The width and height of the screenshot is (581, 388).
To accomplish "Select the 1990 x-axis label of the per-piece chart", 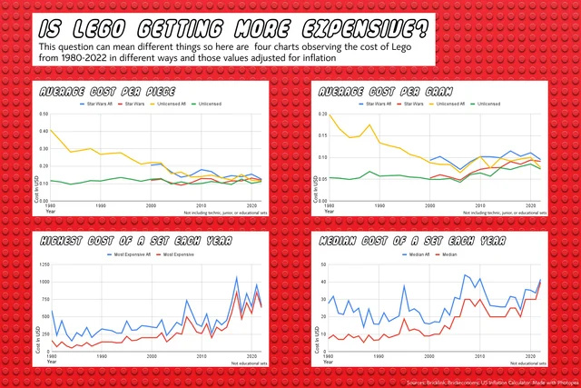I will tap(100, 207).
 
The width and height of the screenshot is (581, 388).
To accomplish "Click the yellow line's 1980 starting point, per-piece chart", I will tap(49, 130).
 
